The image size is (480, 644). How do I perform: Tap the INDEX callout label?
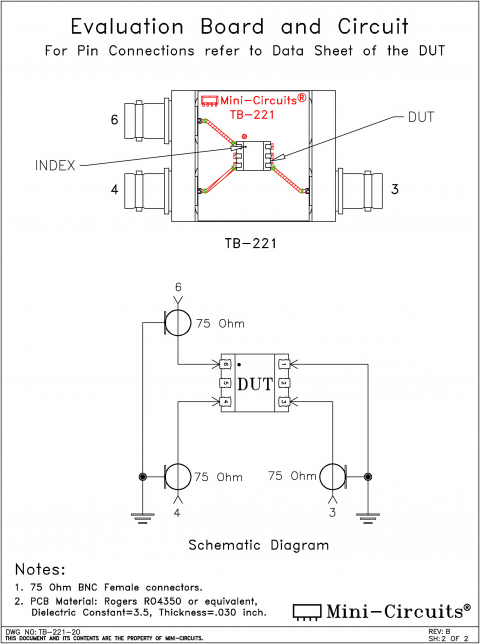click(55, 165)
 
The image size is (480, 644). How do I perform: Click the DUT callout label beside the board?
click(421, 118)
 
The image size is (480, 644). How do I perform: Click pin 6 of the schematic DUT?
click(227, 364)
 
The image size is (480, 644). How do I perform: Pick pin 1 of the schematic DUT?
click(284, 364)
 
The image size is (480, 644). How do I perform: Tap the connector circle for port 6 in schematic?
click(179, 323)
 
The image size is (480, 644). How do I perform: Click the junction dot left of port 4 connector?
click(142, 477)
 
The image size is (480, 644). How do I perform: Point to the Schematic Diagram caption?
click(259, 546)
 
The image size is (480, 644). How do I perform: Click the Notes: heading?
click(46, 569)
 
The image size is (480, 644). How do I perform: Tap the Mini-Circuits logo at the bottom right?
click(381, 609)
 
